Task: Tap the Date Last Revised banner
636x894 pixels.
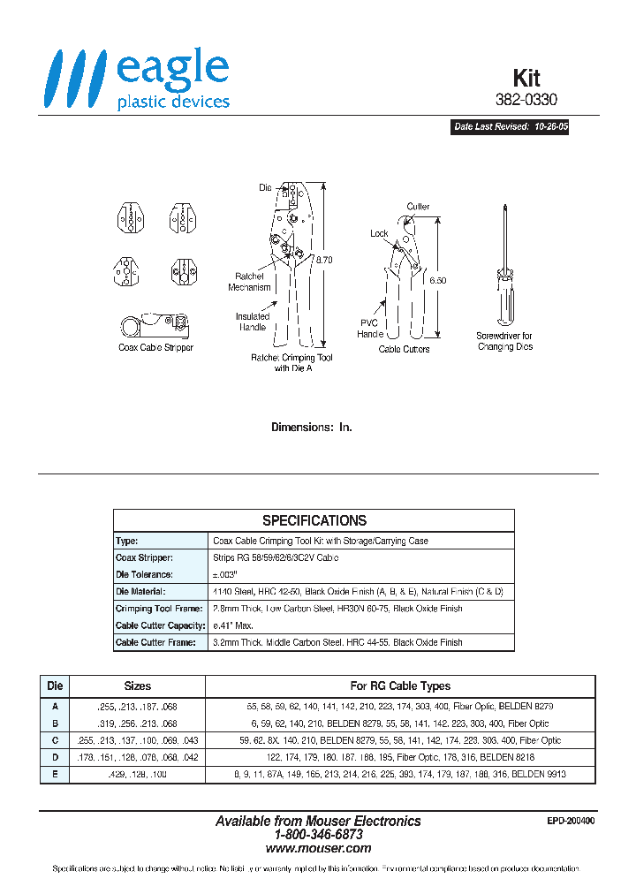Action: (x=511, y=127)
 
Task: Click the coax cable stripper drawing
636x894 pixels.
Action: (x=155, y=325)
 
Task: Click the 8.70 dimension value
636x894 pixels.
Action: (x=323, y=261)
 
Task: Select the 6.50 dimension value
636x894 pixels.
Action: (x=438, y=279)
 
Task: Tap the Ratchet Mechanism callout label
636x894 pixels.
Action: (x=249, y=282)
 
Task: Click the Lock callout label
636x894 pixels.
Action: (x=379, y=233)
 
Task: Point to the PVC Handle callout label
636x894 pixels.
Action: (x=370, y=329)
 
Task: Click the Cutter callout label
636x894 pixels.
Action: (x=418, y=207)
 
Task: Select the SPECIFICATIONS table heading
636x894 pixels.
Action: (x=314, y=520)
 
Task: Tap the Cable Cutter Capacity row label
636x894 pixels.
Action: (x=160, y=625)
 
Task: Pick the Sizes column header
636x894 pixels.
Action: (x=137, y=686)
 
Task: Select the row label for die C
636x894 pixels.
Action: (x=55, y=740)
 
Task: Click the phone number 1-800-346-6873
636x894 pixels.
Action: (x=318, y=834)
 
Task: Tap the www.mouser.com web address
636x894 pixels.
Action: (x=318, y=847)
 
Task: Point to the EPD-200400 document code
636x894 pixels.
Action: (x=572, y=821)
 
